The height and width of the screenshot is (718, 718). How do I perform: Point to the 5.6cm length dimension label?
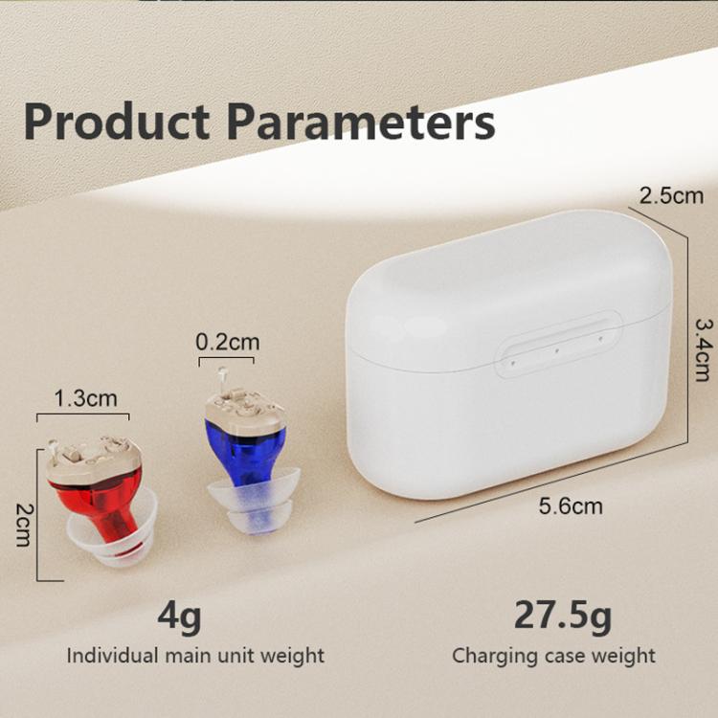tap(571, 505)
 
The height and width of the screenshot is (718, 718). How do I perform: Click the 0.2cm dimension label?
tap(227, 342)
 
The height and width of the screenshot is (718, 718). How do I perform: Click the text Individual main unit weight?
tap(195, 656)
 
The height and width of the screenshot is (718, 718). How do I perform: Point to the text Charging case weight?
tap(553, 656)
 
